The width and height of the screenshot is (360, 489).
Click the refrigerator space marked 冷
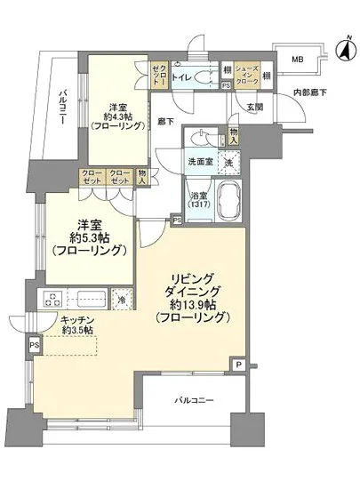coord(122,299)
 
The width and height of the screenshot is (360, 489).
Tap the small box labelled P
coord(238,364)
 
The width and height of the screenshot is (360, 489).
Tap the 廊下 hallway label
coord(164,120)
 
